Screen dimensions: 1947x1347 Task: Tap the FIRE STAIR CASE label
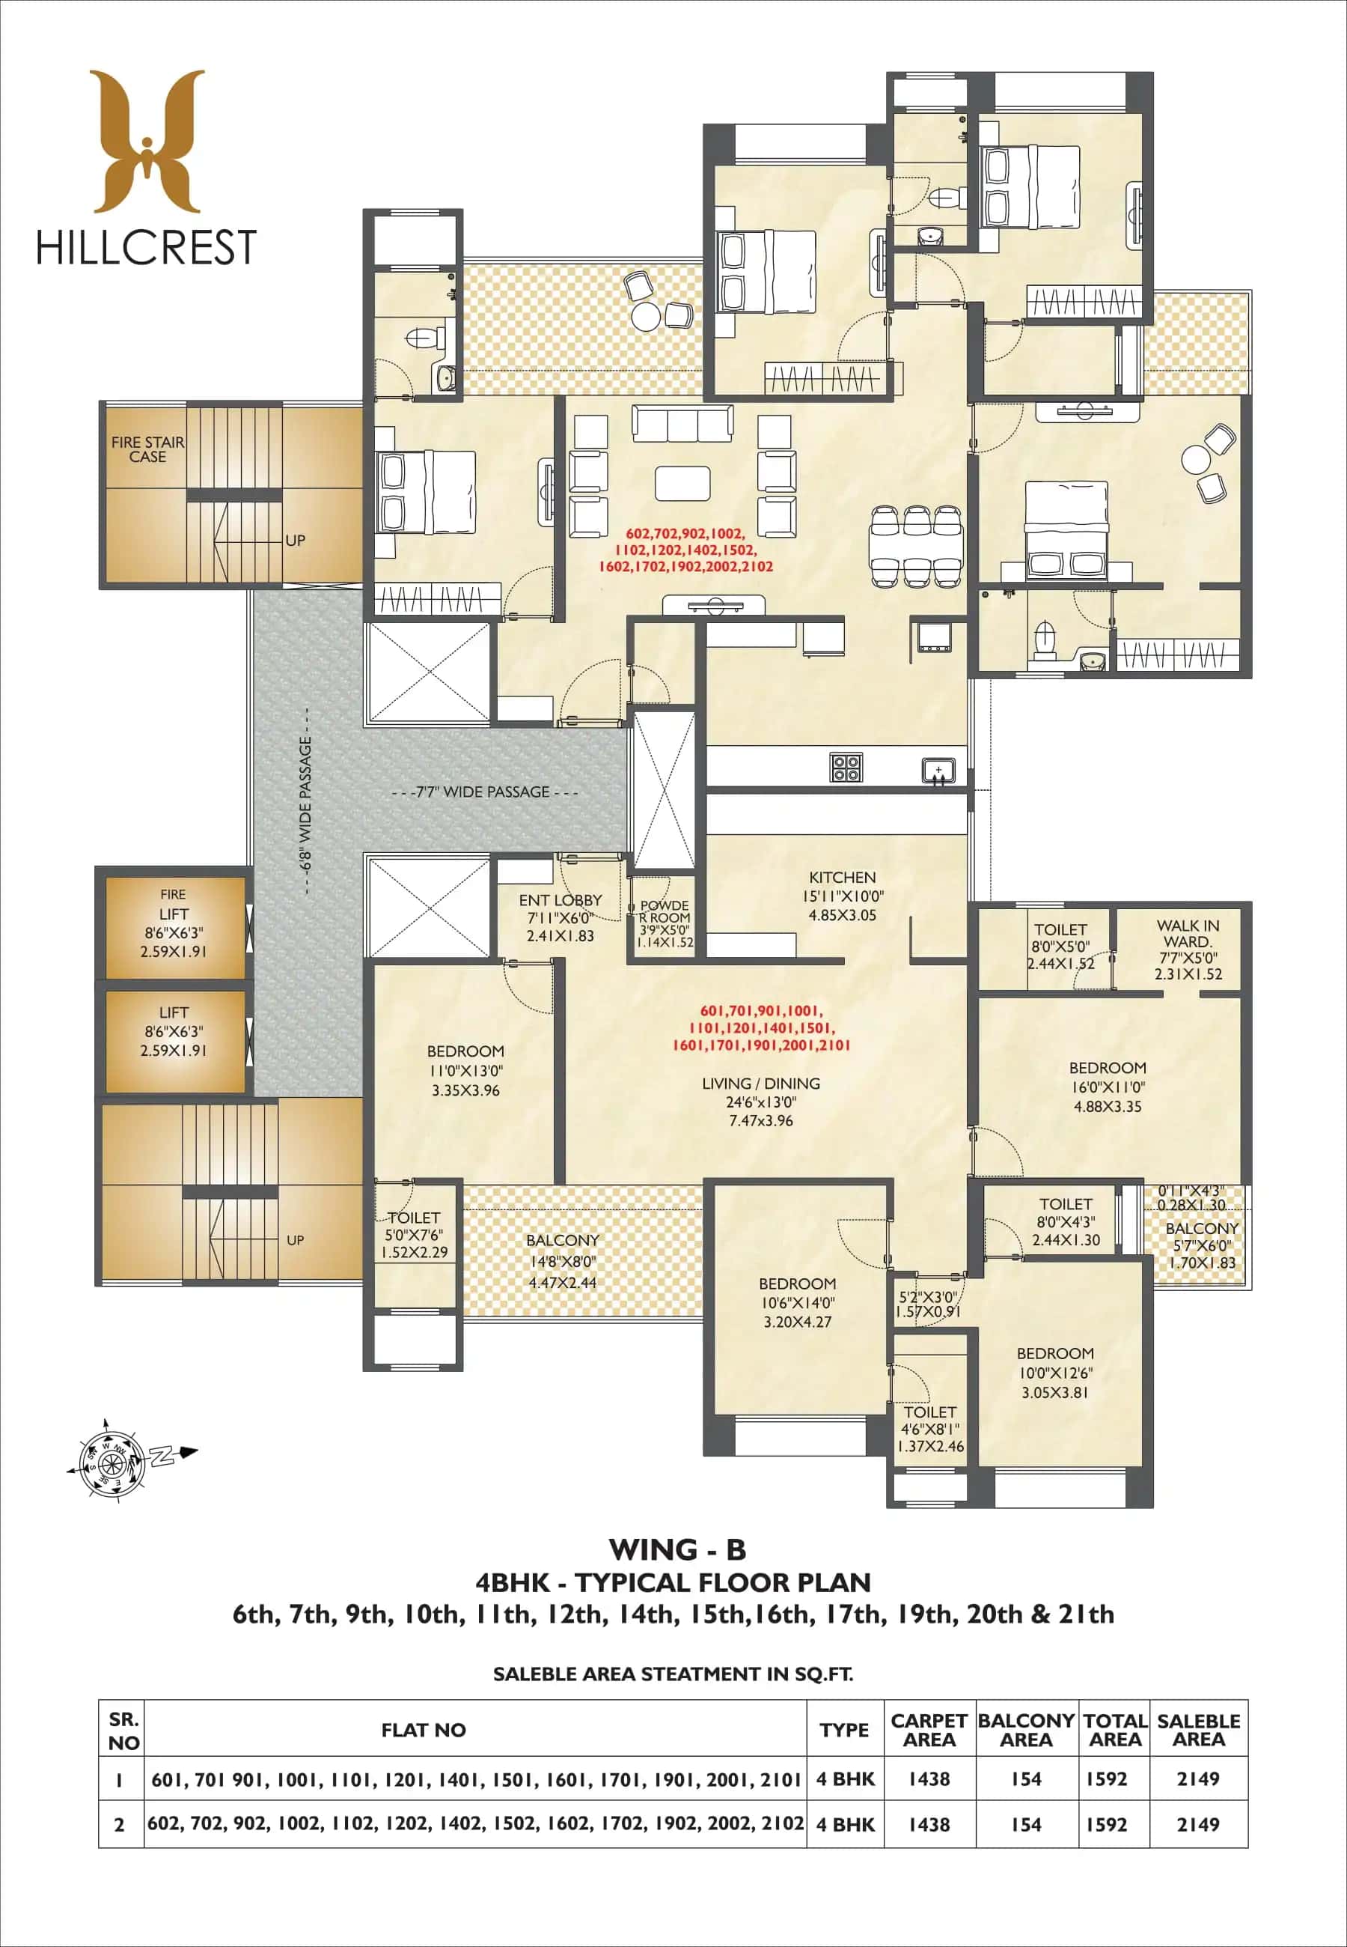tap(147, 449)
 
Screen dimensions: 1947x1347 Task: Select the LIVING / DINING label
tap(760, 1084)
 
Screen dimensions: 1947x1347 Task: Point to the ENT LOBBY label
tap(561, 901)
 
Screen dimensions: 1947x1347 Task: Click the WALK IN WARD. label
tap(1188, 933)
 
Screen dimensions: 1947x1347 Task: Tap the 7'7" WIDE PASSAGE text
tap(484, 792)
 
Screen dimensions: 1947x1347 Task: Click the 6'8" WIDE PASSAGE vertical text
tap(305, 803)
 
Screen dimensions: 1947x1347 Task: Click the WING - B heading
tap(677, 1550)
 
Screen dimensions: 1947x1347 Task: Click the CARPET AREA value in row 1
tap(929, 1779)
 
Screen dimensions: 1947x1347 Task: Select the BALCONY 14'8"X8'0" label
tap(562, 1260)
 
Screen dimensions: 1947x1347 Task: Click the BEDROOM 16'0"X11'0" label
tap(1108, 1087)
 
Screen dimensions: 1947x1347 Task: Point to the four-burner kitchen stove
tap(846, 768)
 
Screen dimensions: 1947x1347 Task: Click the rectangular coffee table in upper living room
tap(682, 484)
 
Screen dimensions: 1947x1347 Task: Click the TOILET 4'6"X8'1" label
tap(930, 1429)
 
